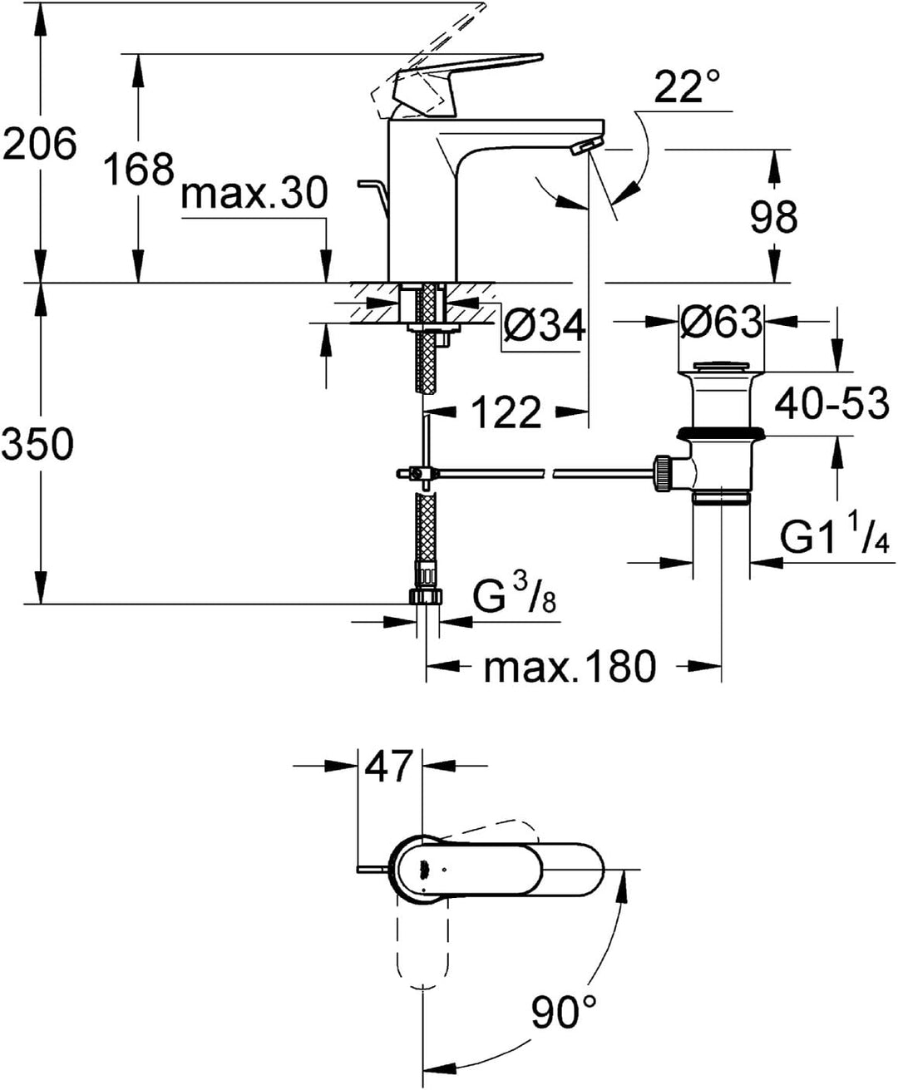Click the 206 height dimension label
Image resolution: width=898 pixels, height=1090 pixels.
(39, 144)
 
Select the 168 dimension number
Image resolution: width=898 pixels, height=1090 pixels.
(139, 169)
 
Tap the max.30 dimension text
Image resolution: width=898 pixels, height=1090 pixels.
(254, 193)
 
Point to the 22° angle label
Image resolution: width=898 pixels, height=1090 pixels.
(686, 86)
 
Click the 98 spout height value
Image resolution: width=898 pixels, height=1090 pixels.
(774, 217)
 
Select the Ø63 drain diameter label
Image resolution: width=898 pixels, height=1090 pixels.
(721, 322)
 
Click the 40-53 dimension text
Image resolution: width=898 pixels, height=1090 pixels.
(831, 403)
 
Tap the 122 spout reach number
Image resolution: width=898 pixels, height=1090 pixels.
(506, 412)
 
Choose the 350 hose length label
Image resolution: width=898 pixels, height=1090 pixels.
(38, 443)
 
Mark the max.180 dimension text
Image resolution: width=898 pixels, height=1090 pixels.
(570, 667)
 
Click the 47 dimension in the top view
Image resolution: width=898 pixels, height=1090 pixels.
(389, 767)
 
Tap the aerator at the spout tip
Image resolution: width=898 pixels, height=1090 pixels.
(587, 146)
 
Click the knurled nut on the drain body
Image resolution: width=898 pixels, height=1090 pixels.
(662, 472)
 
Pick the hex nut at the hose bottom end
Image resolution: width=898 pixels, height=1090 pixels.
(427, 596)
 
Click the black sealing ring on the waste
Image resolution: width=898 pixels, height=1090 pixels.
(721, 433)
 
